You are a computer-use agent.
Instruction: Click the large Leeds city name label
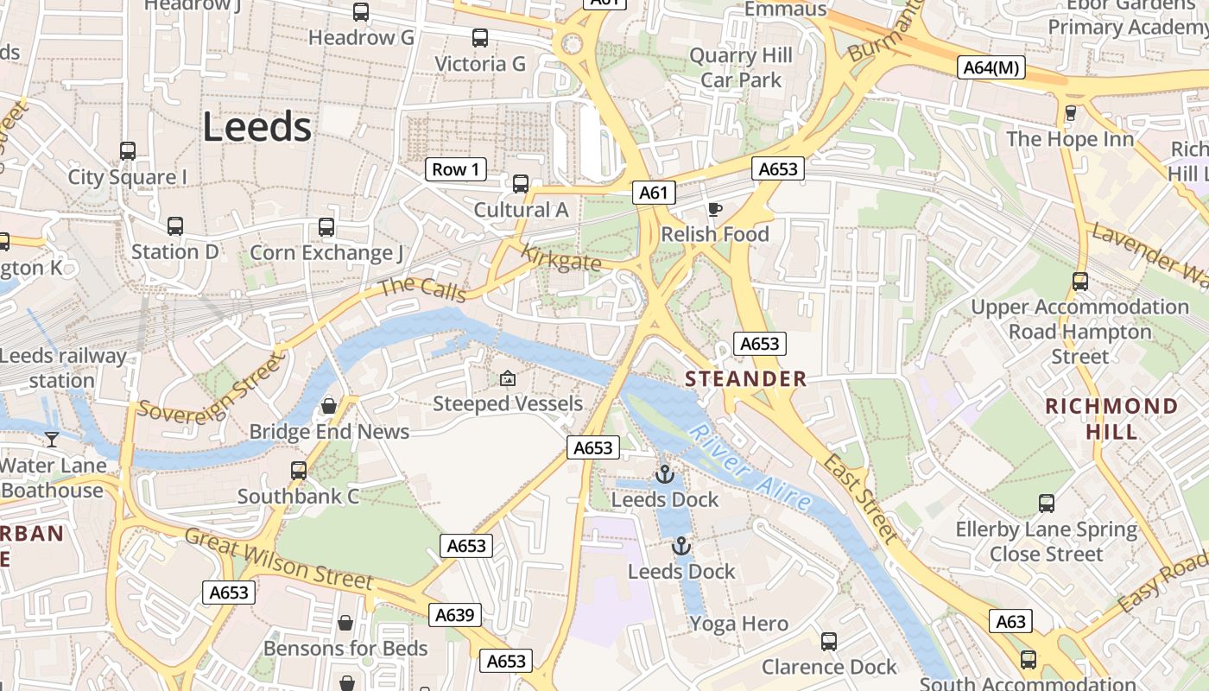click(x=256, y=127)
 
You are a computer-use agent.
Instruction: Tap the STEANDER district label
click(x=746, y=378)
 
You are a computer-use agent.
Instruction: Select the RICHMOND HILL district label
click(x=1111, y=418)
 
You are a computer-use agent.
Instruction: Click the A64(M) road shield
click(x=991, y=67)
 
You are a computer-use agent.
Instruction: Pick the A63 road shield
click(x=1010, y=621)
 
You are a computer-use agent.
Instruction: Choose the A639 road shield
click(x=454, y=615)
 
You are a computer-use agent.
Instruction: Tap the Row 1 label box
click(x=455, y=169)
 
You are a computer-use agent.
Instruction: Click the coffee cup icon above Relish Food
click(x=714, y=209)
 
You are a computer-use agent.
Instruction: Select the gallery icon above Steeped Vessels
click(x=507, y=378)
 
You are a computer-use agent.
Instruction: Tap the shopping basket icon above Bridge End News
click(x=329, y=406)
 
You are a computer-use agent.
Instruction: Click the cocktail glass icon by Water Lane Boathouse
click(x=52, y=440)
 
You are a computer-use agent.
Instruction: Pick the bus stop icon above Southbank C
click(x=299, y=471)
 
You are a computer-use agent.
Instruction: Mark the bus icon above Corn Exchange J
click(x=326, y=227)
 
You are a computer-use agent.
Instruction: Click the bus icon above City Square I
click(x=128, y=151)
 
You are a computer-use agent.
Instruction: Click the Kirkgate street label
click(x=561, y=257)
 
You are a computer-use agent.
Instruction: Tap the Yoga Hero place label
click(x=738, y=624)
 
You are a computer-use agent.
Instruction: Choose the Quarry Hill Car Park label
click(x=741, y=68)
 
